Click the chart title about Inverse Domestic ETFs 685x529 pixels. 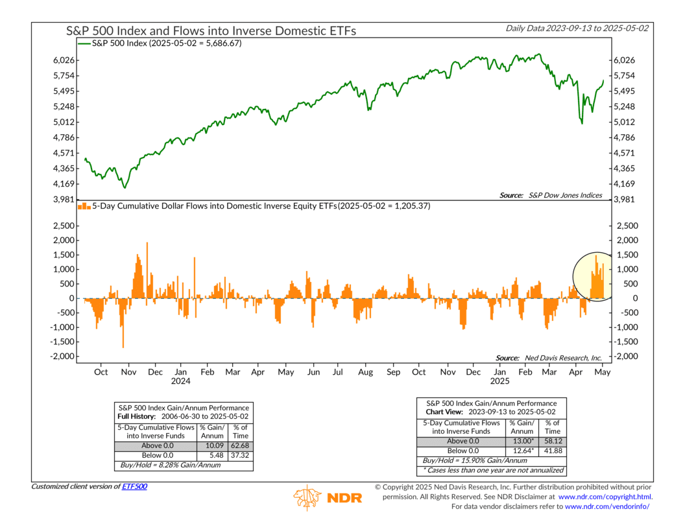[x=211, y=30]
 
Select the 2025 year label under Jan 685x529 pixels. [x=499, y=382]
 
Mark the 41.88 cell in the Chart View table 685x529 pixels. [x=552, y=451]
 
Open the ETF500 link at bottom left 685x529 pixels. [x=135, y=486]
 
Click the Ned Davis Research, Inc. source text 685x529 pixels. [x=549, y=357]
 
